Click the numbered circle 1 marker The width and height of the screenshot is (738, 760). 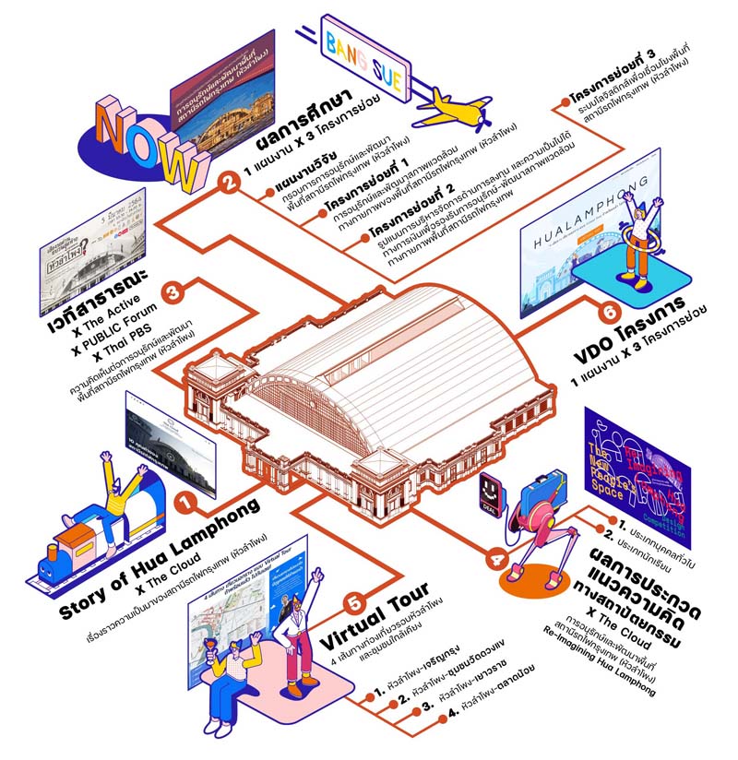(186, 504)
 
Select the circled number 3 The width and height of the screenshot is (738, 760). (179, 291)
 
